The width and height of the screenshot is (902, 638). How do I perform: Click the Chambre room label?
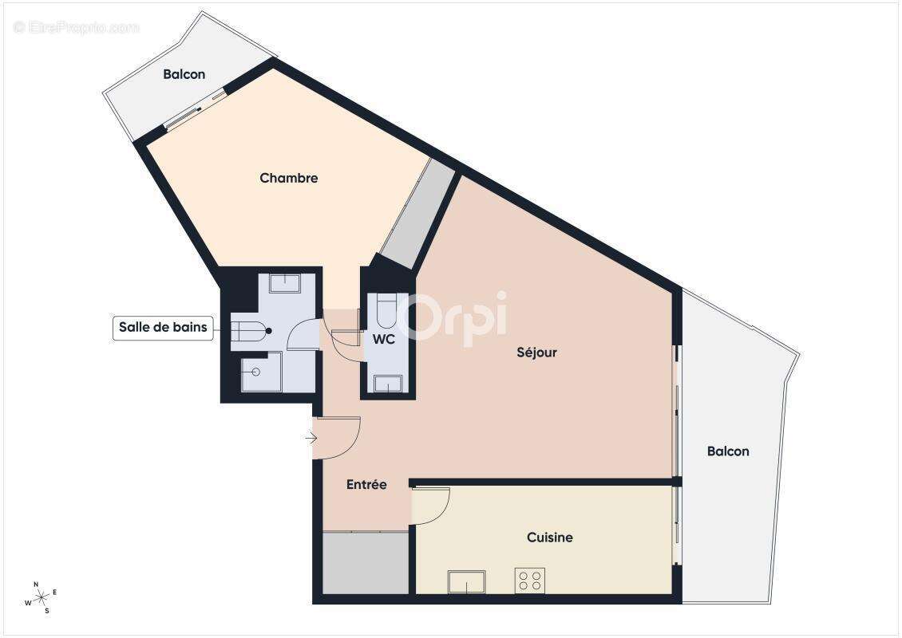tap(288, 178)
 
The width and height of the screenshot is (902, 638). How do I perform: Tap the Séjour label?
tap(536, 352)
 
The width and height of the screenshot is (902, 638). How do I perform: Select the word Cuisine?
tap(549, 538)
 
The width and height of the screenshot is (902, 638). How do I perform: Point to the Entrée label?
tap(366, 484)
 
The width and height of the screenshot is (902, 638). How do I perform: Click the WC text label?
tap(384, 339)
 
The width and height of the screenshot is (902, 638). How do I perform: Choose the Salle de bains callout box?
tap(163, 327)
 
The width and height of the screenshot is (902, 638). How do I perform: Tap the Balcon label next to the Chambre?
tap(184, 74)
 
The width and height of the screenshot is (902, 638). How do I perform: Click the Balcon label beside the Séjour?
tap(728, 451)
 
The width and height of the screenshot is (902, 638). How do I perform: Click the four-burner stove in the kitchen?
tap(529, 580)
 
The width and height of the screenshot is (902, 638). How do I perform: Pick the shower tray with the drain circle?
tap(261, 372)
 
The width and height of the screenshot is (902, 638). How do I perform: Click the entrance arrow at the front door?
tap(311, 437)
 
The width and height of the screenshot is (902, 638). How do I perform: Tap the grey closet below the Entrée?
tap(366, 563)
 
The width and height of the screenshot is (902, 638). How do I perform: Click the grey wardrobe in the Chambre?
tap(416, 215)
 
